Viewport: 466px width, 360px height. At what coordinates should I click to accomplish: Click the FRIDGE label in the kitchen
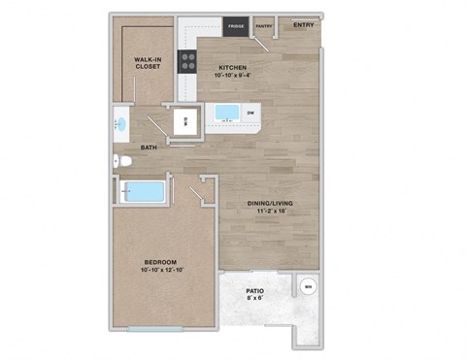coord(235,26)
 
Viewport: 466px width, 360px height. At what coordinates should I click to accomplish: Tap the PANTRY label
coord(263,26)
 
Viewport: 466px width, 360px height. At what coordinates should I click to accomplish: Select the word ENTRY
coord(303,24)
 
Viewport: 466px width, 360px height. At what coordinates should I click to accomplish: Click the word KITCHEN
coord(234,67)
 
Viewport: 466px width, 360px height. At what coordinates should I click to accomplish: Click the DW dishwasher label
coord(250,114)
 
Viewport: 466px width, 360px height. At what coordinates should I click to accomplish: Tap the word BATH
coord(149,147)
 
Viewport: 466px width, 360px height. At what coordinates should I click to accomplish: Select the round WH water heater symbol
coord(308,287)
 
